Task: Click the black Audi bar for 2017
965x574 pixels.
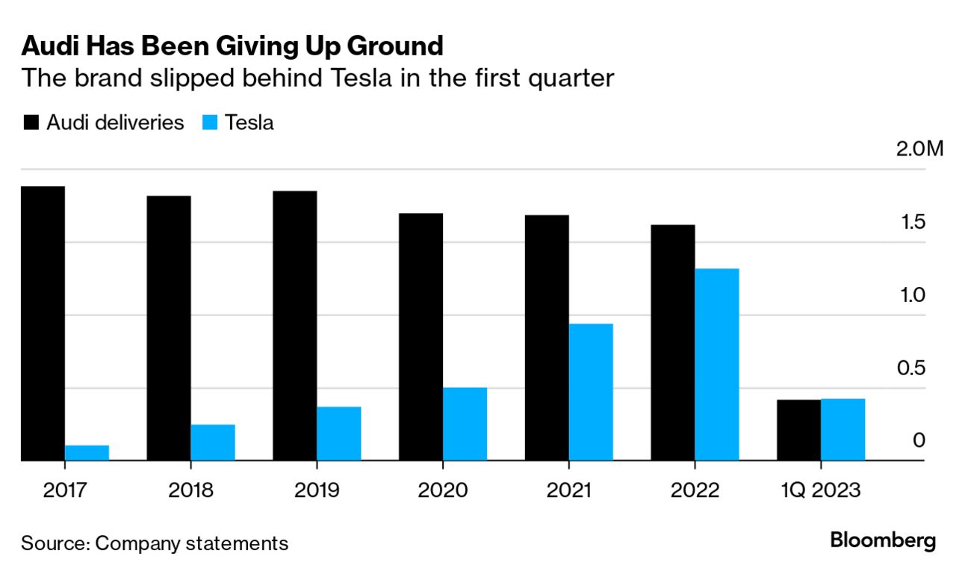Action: click(x=43, y=323)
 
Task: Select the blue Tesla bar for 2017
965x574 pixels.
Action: click(x=87, y=453)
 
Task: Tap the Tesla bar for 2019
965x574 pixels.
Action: click(x=338, y=433)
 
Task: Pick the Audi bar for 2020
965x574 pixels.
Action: click(x=421, y=336)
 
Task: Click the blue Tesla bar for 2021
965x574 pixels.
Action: click(x=591, y=392)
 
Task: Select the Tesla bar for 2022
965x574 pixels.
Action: click(x=717, y=364)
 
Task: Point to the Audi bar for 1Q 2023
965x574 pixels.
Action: click(x=798, y=430)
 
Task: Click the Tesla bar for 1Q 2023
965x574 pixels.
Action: click(x=843, y=429)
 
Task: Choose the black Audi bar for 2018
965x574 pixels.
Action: click(x=169, y=328)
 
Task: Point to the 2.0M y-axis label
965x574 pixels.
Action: click(x=919, y=148)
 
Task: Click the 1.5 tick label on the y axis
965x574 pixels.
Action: click(x=913, y=222)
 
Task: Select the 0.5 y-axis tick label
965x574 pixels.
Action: click(x=913, y=368)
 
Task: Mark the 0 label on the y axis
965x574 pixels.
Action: click(x=919, y=440)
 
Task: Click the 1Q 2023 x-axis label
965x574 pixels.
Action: click(x=821, y=490)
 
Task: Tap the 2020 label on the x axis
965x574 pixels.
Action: click(x=443, y=490)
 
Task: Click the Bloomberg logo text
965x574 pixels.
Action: click(x=883, y=540)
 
